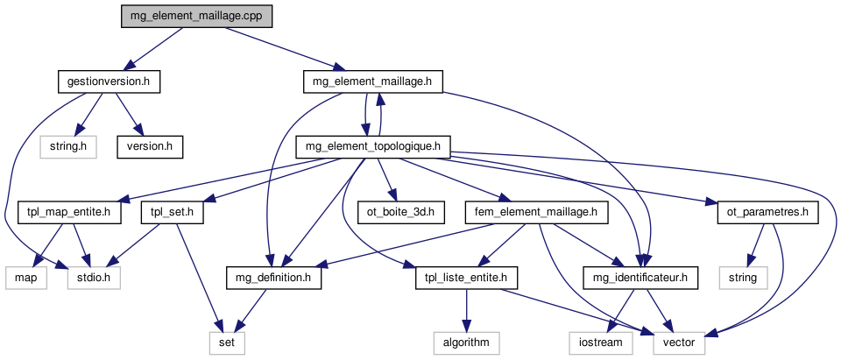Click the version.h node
click(x=150, y=146)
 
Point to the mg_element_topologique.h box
click(x=374, y=146)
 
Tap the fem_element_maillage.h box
click(x=548, y=212)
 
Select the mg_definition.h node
click(x=274, y=279)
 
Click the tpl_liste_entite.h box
click(x=467, y=279)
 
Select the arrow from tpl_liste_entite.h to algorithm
click(x=467, y=310)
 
